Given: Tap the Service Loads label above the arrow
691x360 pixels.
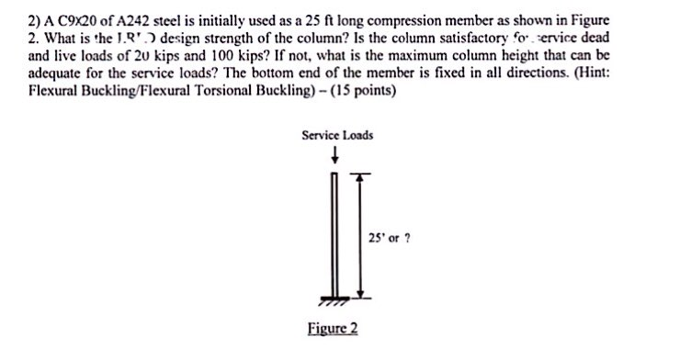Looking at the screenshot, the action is [337, 135].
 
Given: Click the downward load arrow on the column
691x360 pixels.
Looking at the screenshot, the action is [338, 154].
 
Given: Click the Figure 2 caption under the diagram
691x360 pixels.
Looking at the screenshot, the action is [332, 329].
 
